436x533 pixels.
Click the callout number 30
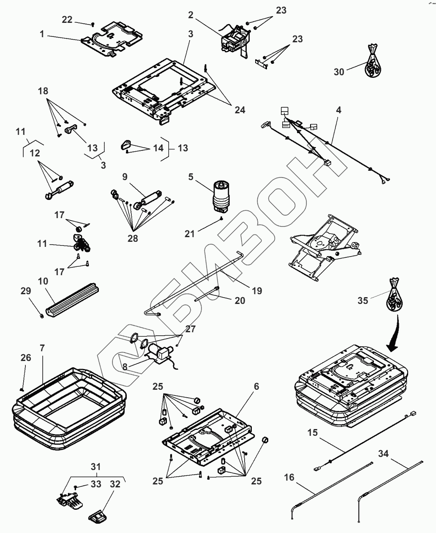tap(339, 72)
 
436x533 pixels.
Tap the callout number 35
tap(363, 300)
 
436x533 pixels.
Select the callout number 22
tap(67, 19)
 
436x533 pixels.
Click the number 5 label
tap(191, 176)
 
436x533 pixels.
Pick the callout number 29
tap(26, 291)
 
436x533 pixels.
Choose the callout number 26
tap(26, 358)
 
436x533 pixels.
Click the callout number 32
tap(114, 484)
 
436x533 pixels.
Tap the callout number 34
tap(383, 454)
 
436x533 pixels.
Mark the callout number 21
tap(190, 233)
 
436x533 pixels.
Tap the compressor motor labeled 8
tap(160, 353)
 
